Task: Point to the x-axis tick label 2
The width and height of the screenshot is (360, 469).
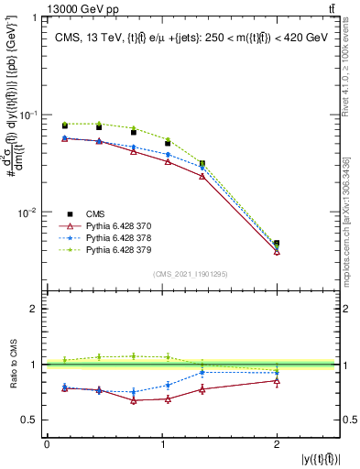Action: [277, 445]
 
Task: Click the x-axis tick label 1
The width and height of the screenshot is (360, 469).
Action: [161, 445]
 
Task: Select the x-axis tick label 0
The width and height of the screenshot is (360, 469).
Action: [47, 445]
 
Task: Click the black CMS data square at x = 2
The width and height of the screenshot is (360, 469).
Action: [277, 244]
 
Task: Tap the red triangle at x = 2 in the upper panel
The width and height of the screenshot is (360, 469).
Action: [277, 251]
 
